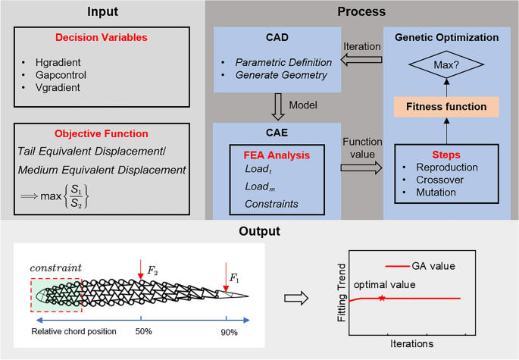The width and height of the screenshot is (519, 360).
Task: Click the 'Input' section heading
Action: coord(103,12)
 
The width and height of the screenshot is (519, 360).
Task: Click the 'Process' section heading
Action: coord(361,12)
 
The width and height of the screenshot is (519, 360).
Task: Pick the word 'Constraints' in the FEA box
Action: coord(270,204)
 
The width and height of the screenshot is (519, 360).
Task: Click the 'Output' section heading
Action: coord(259,230)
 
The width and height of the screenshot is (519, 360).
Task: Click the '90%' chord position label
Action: coord(229,332)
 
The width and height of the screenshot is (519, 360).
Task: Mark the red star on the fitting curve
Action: coord(380,299)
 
